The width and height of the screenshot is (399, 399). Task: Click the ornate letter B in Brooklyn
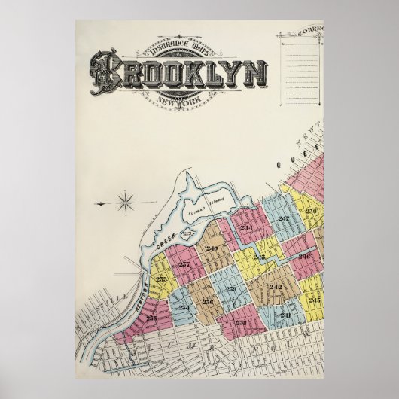pyautogui.click(x=105, y=72)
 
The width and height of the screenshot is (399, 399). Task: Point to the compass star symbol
pyautogui.click(x=126, y=202)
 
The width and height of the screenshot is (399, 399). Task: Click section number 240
pyautogui.click(x=212, y=248)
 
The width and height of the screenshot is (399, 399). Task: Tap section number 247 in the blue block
pyautogui.click(x=283, y=218)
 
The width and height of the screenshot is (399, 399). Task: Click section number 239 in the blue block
pyautogui.click(x=231, y=289)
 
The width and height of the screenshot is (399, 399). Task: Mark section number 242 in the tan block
pyautogui.click(x=275, y=287)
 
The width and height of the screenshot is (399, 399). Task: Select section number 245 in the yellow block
pyautogui.click(x=315, y=300)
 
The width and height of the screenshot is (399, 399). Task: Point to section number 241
pyautogui.click(x=285, y=315)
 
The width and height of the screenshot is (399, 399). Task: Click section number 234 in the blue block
pyautogui.click(x=184, y=306)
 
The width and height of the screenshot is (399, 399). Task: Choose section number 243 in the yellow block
pyautogui.click(x=259, y=257)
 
